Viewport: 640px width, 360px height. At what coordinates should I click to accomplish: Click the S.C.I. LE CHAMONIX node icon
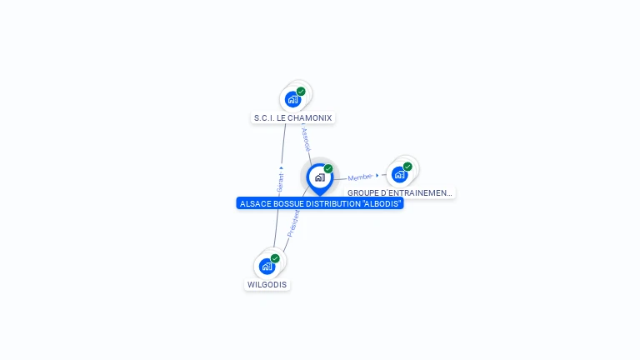click(x=292, y=100)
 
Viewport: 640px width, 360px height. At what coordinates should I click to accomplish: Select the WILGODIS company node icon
click(x=267, y=267)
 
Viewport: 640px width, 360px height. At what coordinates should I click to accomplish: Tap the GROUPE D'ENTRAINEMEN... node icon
click(x=400, y=174)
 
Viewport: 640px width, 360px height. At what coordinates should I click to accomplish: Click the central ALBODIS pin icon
click(x=319, y=177)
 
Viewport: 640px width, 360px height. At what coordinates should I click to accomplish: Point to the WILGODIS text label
click(x=267, y=285)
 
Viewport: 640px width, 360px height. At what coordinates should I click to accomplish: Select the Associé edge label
click(x=305, y=137)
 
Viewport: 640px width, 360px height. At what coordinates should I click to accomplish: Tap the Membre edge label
click(x=360, y=177)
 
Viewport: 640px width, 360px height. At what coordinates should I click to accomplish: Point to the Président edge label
click(x=292, y=222)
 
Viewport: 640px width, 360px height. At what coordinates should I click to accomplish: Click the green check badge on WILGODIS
click(x=275, y=258)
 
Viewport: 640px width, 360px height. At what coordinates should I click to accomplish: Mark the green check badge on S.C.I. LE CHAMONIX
click(x=301, y=92)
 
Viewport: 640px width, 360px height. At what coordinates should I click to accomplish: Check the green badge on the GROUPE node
click(x=407, y=167)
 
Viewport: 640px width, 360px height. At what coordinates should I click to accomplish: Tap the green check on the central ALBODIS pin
click(x=328, y=169)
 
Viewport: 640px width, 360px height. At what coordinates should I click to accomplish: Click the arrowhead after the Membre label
click(x=377, y=176)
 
